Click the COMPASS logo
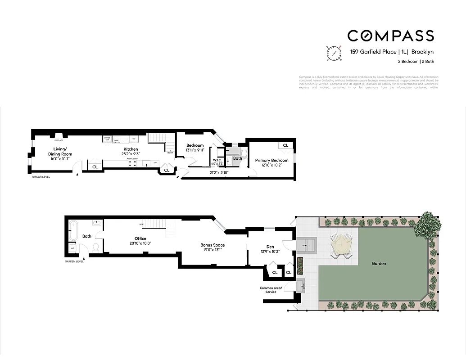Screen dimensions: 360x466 tap(390, 36)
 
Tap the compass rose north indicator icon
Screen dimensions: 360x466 tap(333, 53)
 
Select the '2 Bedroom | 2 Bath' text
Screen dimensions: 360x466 tap(416, 62)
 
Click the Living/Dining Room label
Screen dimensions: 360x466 tap(60, 152)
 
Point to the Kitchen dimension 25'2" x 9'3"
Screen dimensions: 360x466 tap(131, 154)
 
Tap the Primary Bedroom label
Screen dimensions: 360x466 tap(271, 160)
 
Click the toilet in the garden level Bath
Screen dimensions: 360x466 tap(95, 247)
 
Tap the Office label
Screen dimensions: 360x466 tap(140, 238)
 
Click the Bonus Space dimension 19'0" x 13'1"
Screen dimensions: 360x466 tap(213, 250)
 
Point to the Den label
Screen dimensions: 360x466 tap(270, 247)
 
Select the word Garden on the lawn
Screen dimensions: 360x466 tap(379, 264)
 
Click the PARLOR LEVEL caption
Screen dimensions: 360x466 tap(41, 177)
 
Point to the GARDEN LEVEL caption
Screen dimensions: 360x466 tap(74, 261)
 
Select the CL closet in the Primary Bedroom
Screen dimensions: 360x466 tap(285, 145)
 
